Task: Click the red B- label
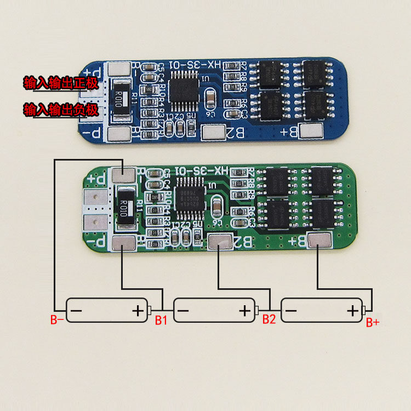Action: click(x=57, y=319)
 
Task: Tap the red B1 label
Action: click(x=160, y=319)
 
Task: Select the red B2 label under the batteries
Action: click(x=269, y=319)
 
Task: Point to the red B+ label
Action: click(x=373, y=322)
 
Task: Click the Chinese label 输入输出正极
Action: click(x=60, y=84)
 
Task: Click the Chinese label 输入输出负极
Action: click(x=60, y=110)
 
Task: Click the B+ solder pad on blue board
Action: click(x=312, y=130)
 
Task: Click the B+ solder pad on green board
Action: click(x=319, y=239)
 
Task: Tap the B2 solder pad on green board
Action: click(x=220, y=241)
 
